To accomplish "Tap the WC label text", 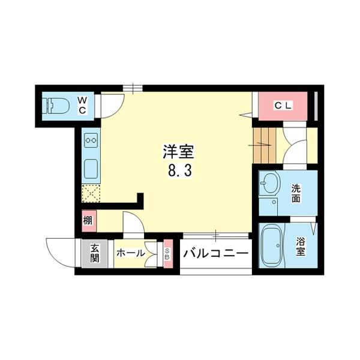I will (x=83, y=106).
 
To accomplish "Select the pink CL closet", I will (x=283, y=107).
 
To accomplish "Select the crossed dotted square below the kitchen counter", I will (x=91, y=194).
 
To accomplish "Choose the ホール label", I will (x=130, y=253).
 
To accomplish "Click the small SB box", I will (x=167, y=253).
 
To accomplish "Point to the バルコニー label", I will (x=215, y=253).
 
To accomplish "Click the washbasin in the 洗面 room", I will (x=269, y=184).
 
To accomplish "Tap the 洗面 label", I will (x=296, y=193).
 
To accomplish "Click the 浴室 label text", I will (x=301, y=248).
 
